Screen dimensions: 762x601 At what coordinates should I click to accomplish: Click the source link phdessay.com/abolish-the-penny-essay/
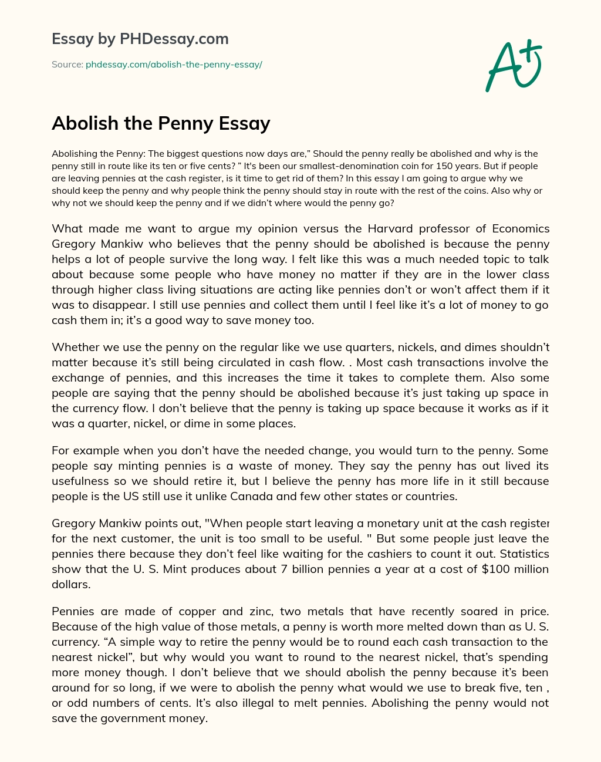tap(174, 65)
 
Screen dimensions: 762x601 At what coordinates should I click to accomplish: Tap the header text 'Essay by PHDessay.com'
tap(140, 39)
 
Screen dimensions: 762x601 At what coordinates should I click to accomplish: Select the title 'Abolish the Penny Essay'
tap(161, 123)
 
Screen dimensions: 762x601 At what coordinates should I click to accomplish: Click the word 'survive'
tap(222, 259)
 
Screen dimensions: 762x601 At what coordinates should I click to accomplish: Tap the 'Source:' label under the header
tap(67, 65)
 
